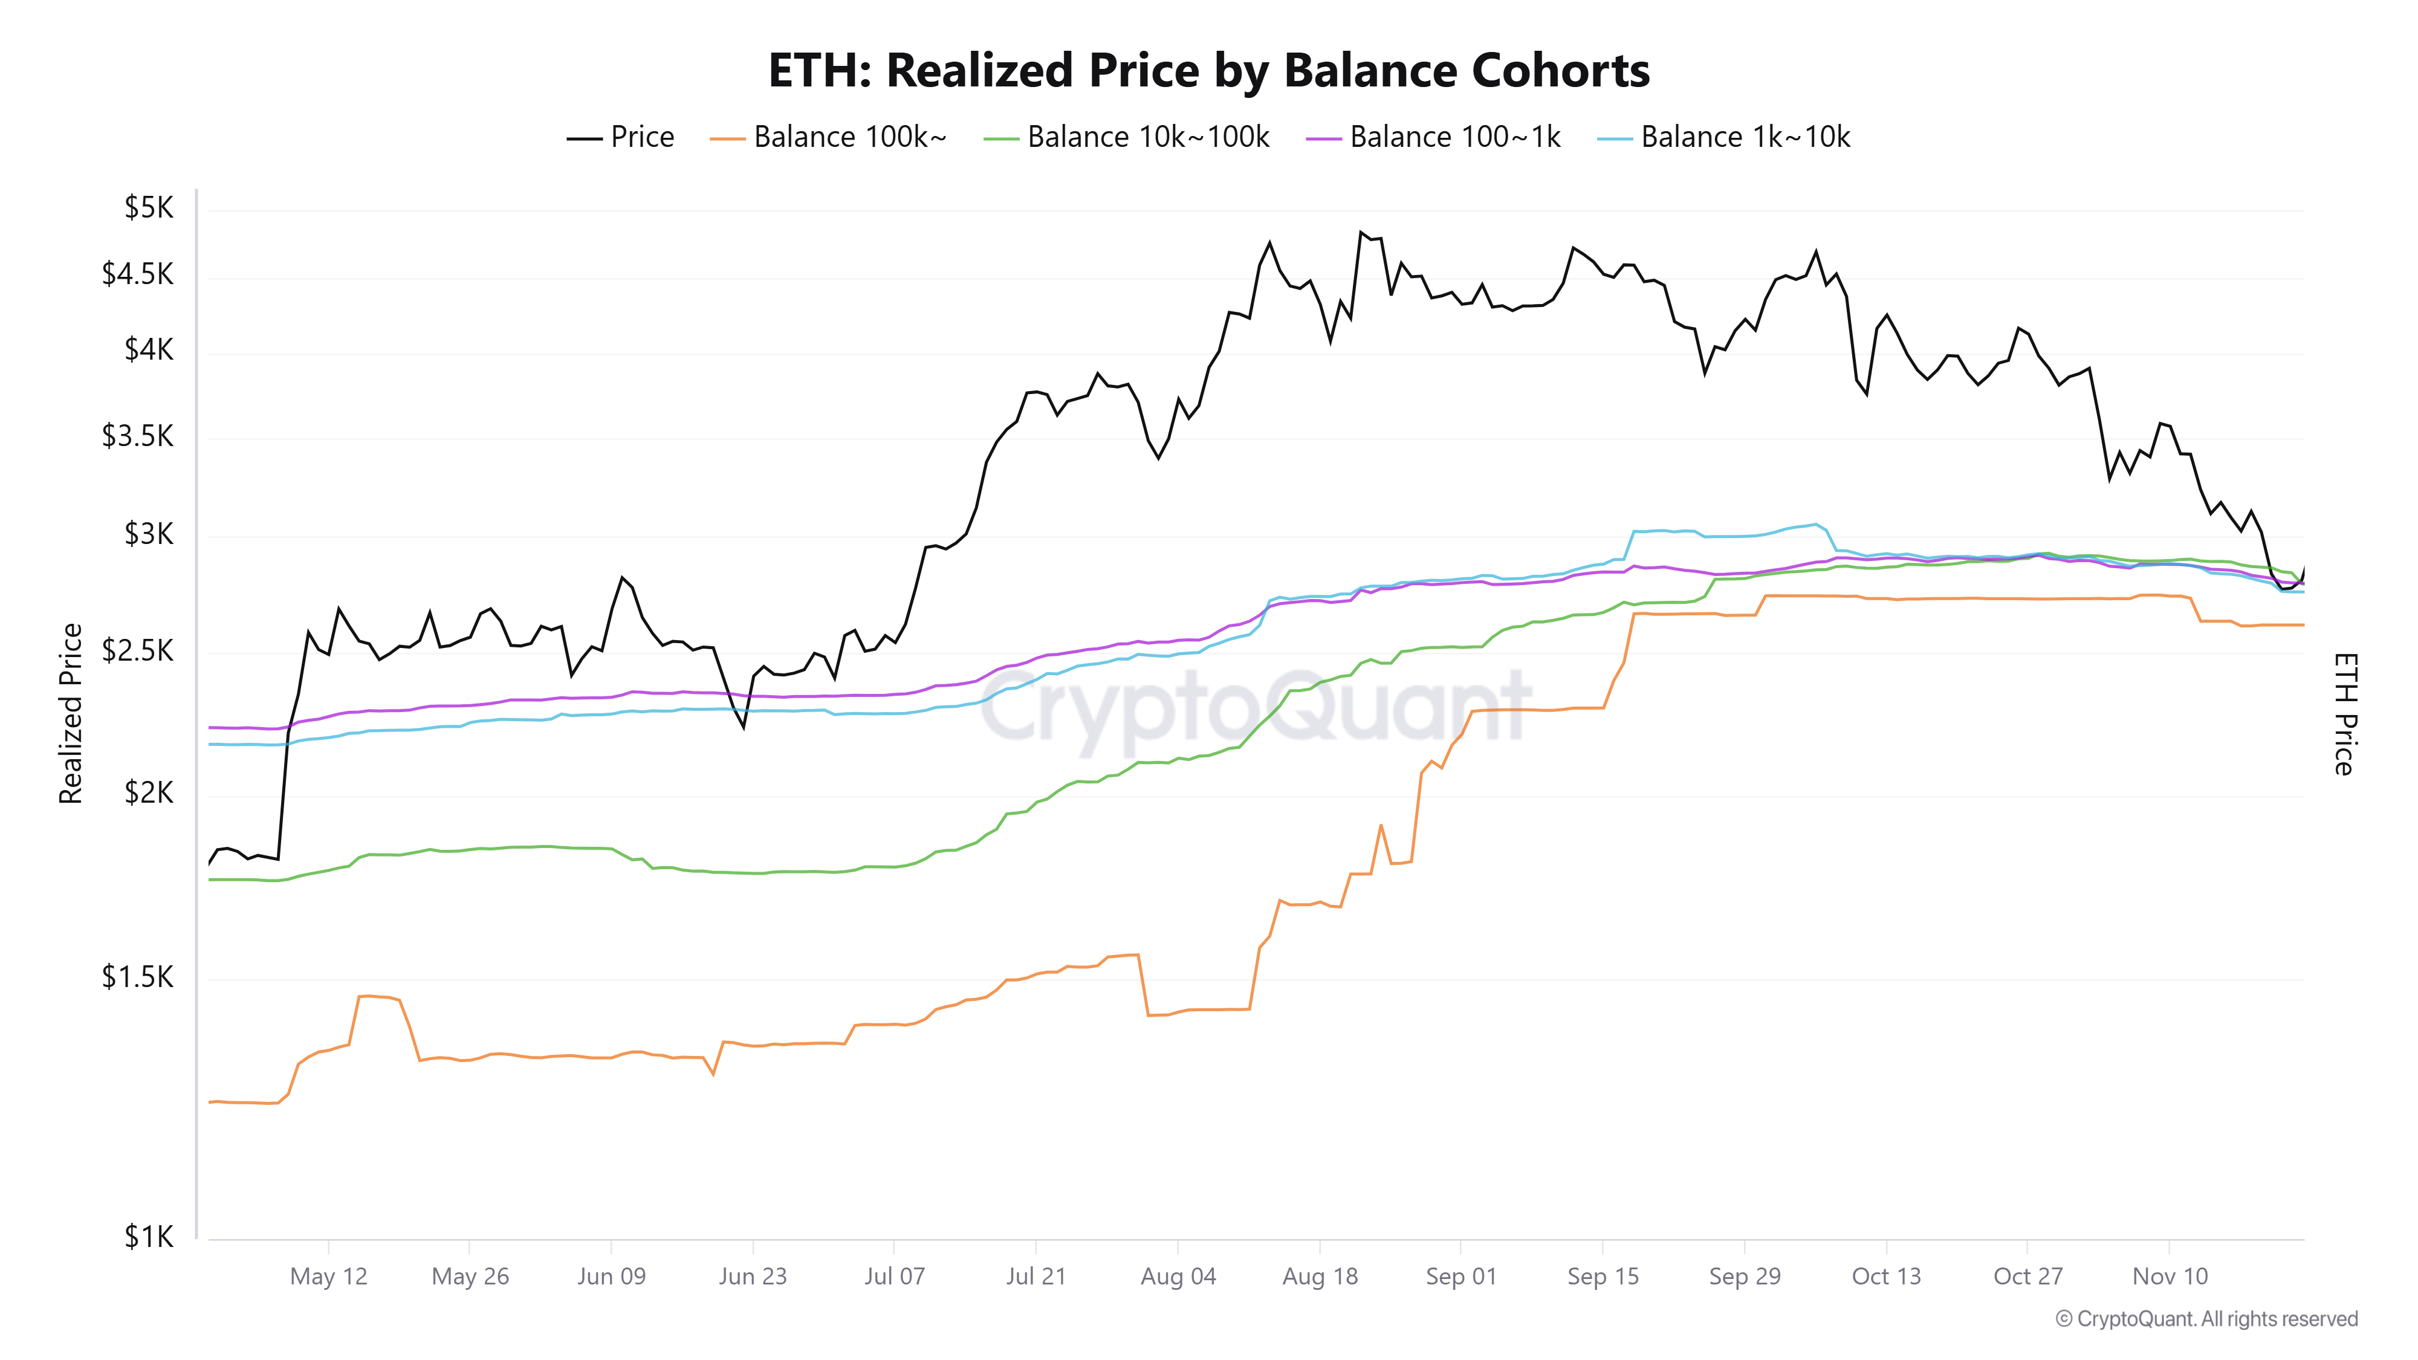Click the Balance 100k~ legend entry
(x=829, y=137)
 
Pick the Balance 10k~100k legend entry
(x=1126, y=137)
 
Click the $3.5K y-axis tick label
(x=138, y=436)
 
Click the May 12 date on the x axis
(x=328, y=1277)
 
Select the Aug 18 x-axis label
(x=1320, y=1277)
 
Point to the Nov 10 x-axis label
(x=2170, y=1277)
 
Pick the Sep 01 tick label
(x=1460, y=1277)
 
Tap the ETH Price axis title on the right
(x=2345, y=713)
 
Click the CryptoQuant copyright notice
(x=2206, y=1319)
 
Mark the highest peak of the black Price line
(x=1360, y=232)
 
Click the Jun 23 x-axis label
(x=753, y=1277)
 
